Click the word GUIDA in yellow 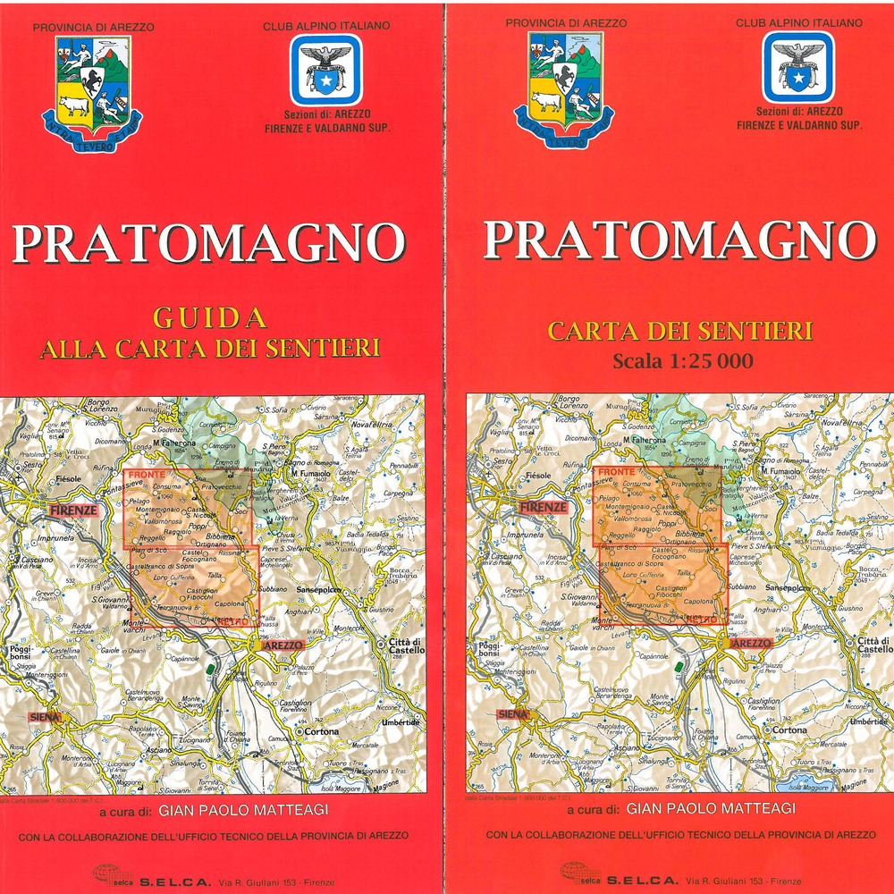tap(210, 317)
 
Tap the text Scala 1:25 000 tap(683, 361)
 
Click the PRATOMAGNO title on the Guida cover tap(208, 243)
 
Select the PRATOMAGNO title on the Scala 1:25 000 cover tap(679, 240)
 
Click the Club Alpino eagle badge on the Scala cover tap(798, 68)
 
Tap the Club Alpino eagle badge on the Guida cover tap(325, 70)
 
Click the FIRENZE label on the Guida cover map tap(72, 510)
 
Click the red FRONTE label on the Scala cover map tap(615, 471)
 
